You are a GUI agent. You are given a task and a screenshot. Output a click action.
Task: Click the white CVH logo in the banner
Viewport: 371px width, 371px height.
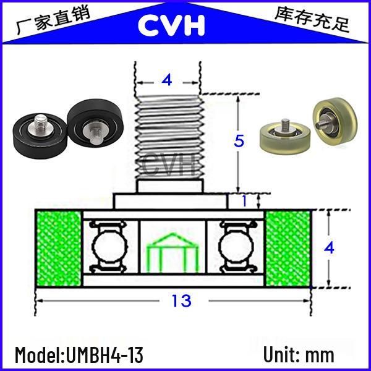171,25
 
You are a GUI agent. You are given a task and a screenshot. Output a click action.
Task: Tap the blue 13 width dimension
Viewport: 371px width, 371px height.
181,301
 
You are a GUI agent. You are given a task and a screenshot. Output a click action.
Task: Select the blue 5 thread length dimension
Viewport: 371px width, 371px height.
239,141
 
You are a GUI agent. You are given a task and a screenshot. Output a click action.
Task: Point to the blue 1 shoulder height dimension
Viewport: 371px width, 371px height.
244,201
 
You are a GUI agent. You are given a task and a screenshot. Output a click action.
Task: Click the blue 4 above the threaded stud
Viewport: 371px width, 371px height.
167,80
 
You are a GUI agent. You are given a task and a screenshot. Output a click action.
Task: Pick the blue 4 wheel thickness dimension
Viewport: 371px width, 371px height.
329,248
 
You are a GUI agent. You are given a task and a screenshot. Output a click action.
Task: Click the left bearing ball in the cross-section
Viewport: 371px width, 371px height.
109,247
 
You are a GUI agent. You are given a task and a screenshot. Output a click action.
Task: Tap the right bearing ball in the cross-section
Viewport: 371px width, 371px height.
236,247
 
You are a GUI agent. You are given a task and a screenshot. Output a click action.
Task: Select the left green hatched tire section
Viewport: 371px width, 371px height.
59,249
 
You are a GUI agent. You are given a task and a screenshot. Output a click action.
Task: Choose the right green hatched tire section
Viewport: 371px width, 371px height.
288,249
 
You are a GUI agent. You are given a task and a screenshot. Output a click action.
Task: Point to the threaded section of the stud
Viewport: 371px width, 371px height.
169,137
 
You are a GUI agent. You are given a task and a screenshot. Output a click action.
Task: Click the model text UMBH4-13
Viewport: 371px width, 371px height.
104,355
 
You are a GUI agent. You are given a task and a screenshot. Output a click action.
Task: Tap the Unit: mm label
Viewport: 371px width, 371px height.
299,354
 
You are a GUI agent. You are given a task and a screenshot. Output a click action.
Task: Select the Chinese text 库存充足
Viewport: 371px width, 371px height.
312,20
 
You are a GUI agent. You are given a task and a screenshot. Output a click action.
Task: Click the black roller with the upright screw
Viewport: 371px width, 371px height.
40,135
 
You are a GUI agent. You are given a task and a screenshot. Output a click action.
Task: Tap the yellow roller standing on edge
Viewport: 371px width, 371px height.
335,122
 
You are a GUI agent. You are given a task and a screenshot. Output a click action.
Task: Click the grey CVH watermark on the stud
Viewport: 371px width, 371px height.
169,164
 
